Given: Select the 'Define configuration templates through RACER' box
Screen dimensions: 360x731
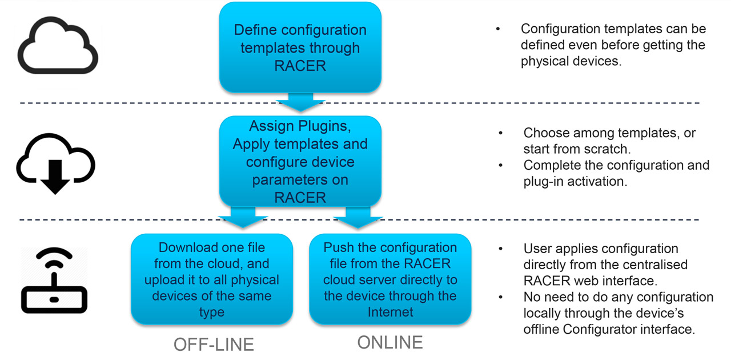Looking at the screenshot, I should [300, 47].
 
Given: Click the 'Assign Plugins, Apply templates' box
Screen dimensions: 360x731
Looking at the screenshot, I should [300, 161].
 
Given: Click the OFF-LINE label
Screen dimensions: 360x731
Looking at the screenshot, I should [214, 345].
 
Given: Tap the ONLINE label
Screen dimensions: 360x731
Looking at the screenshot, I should [390, 342].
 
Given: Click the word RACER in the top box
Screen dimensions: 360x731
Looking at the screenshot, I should [300, 66].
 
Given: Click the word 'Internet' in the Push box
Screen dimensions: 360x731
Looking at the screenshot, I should [390, 312].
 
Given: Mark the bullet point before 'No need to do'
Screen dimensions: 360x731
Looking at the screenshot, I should [501, 297].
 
